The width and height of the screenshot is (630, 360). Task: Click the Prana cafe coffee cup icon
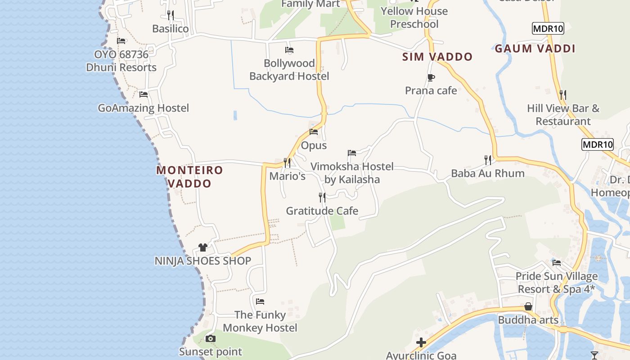431,77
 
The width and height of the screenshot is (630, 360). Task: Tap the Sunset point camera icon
210,338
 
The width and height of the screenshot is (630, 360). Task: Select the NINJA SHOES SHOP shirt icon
203,247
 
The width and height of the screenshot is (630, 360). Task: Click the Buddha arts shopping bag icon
528,306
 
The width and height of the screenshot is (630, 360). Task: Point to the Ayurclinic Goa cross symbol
421,342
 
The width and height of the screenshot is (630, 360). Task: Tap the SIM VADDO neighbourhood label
437,57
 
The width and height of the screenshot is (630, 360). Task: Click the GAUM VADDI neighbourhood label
535,49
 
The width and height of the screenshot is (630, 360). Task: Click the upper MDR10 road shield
548,28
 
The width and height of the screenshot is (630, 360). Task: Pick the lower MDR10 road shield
598,144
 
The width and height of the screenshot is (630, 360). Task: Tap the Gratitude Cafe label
322,211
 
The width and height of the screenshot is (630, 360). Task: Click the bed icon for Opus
314,132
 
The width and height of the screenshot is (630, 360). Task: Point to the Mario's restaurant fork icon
287,162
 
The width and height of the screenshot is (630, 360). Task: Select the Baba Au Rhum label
488,173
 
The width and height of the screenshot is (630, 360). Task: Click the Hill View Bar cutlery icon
563,95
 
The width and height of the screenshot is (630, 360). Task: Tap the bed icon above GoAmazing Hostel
144,94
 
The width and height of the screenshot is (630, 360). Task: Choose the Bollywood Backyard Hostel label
289,70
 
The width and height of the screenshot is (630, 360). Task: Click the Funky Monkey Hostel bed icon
260,301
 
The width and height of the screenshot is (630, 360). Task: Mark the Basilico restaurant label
171,29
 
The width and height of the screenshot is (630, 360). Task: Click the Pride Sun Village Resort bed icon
557,263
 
